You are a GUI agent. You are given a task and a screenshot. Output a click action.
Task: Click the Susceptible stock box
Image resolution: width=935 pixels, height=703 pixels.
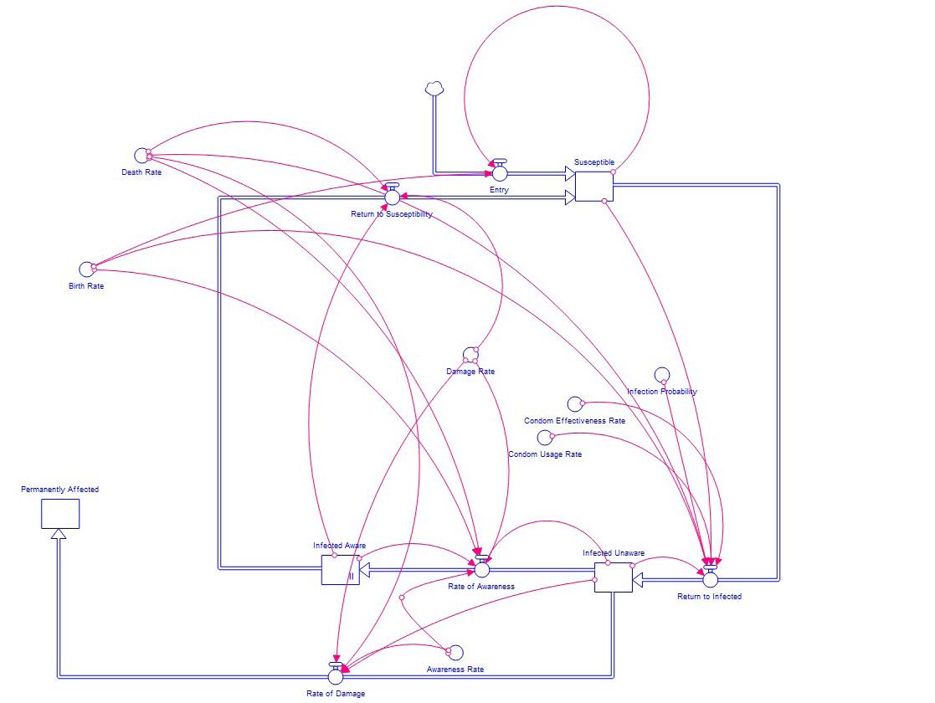tap(594, 186)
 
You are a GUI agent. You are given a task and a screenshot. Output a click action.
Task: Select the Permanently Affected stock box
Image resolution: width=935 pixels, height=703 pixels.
tap(60, 514)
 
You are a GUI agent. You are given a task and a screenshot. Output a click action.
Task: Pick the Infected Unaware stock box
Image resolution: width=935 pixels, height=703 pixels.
tap(613, 577)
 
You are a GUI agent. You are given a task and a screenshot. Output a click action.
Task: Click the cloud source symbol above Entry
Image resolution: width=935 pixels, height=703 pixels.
tap(434, 88)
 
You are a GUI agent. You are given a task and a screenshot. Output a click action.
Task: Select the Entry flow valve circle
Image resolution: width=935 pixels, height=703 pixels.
tap(500, 173)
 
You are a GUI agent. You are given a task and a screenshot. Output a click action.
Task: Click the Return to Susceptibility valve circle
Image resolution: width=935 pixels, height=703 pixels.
tap(392, 197)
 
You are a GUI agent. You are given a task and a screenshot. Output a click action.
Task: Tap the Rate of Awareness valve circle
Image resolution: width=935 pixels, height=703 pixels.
tap(481, 569)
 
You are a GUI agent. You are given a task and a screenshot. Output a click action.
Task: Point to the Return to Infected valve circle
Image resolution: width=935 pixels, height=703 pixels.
tap(711, 578)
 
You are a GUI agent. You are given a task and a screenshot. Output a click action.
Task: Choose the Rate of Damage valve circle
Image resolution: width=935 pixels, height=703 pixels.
tap(336, 676)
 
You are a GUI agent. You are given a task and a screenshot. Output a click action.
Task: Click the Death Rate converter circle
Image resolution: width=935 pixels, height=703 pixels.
tap(141, 155)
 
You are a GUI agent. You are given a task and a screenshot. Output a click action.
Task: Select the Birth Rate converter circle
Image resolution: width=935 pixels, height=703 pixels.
tap(86, 268)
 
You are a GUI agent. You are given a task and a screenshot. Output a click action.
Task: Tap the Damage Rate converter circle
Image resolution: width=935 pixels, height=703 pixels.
tap(470, 355)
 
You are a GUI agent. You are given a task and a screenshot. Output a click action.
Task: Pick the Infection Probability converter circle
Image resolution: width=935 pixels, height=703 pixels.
tap(661, 375)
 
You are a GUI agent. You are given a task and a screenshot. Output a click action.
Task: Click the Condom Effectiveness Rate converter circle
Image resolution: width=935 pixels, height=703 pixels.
tap(574, 404)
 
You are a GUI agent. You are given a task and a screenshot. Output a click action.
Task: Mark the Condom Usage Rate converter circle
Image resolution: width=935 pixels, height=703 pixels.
tap(545, 437)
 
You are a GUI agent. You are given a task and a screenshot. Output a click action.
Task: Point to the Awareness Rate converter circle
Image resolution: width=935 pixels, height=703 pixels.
tap(455, 653)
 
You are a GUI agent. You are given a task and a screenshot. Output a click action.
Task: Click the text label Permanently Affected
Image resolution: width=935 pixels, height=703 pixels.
tap(59, 490)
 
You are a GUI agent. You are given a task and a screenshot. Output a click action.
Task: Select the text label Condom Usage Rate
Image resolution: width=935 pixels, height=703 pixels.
tap(544, 454)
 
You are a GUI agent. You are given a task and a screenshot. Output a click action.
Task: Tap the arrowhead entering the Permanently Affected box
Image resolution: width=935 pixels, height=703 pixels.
tap(56, 535)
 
